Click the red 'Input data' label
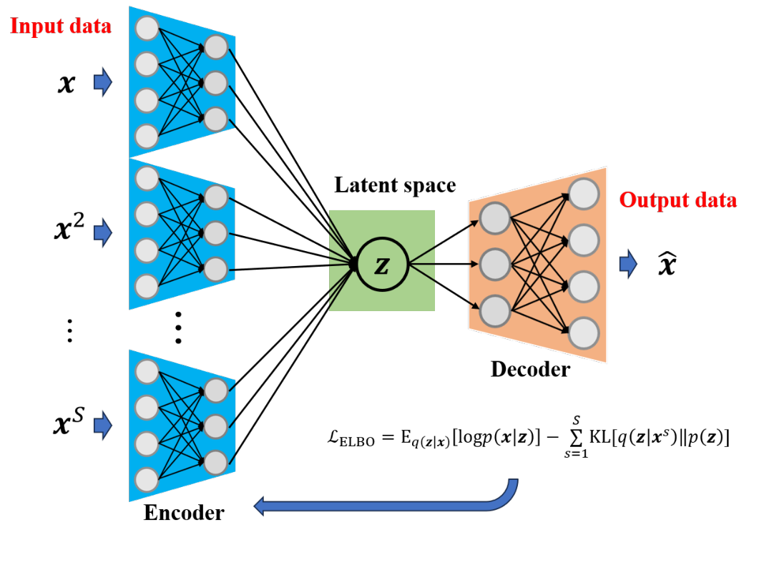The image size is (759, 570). tap(60, 27)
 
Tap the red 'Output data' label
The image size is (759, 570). tap(677, 200)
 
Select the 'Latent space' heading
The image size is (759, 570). tap(395, 185)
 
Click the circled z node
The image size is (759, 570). tap(382, 265)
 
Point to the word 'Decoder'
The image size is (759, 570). tap(530, 369)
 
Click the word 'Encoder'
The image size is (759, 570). tap(184, 512)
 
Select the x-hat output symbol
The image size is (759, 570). tap(667, 265)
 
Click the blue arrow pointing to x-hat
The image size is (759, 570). tap(628, 264)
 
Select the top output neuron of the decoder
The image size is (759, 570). tap(583, 193)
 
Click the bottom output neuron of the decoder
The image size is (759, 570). tap(583, 333)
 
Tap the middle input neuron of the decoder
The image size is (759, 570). tap(494, 265)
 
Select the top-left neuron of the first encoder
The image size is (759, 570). tap(147, 29)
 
